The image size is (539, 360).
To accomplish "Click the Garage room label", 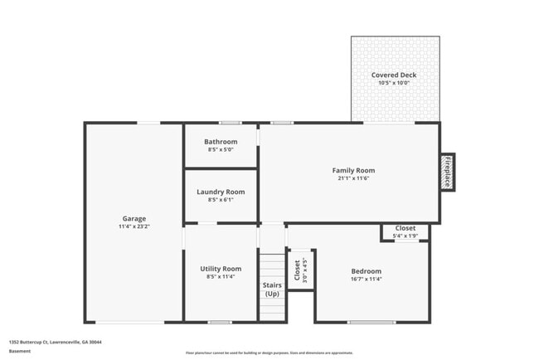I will point(134,219).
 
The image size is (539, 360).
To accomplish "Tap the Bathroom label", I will point(221,142).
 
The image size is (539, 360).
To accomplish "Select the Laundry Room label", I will point(221,192).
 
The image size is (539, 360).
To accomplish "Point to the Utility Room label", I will point(221,269).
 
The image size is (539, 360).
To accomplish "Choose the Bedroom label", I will point(366,271).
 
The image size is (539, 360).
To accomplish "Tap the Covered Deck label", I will point(394,75).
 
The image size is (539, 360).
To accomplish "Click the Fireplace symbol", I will point(446,172).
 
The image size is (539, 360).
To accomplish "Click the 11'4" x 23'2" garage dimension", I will point(134,226).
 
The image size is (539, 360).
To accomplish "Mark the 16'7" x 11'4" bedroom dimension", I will point(366,279).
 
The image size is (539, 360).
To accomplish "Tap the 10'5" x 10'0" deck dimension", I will point(394,83).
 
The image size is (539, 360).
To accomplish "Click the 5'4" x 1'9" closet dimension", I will point(405,236).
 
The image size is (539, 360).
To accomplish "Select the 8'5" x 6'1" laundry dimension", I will point(221,200).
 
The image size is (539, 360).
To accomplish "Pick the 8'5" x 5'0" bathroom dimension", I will point(221,150).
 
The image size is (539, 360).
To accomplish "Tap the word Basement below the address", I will point(20,351).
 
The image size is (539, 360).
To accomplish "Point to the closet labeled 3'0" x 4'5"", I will point(300,270).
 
